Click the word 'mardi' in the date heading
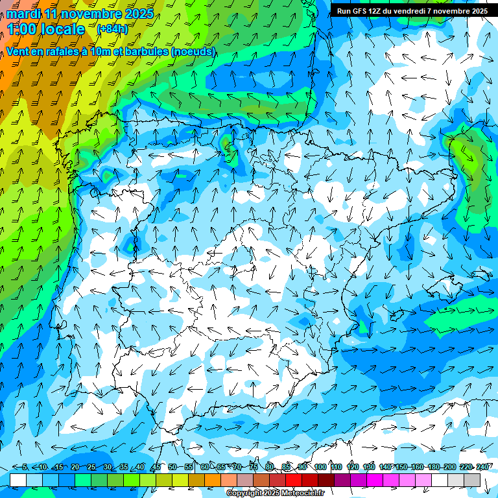[23, 14]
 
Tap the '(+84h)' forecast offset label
[112, 29]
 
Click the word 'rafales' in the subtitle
[67, 51]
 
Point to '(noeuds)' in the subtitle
[193, 51]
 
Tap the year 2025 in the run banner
[478, 11]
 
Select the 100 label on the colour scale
[320, 467]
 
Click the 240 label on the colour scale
[482, 467]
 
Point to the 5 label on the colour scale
[25, 467]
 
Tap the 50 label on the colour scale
[172, 467]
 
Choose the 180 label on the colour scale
[434, 467]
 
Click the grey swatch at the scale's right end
[472, 479]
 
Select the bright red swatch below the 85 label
[294, 479]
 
